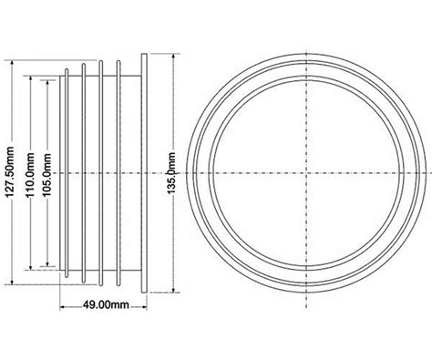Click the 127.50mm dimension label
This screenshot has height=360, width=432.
tap(10, 171)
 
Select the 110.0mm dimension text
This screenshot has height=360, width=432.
tap(30, 175)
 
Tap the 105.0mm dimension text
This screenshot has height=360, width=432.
tap(46, 175)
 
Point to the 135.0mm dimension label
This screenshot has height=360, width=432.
tap(171, 173)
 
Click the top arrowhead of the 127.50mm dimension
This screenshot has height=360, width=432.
tap(12, 63)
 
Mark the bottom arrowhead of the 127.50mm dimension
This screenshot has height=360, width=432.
tap(12, 282)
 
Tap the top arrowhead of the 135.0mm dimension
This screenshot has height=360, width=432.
tap(173, 57)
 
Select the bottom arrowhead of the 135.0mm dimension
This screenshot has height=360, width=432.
tap(173, 290)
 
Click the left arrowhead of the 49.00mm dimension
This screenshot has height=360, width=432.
tap(62, 307)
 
